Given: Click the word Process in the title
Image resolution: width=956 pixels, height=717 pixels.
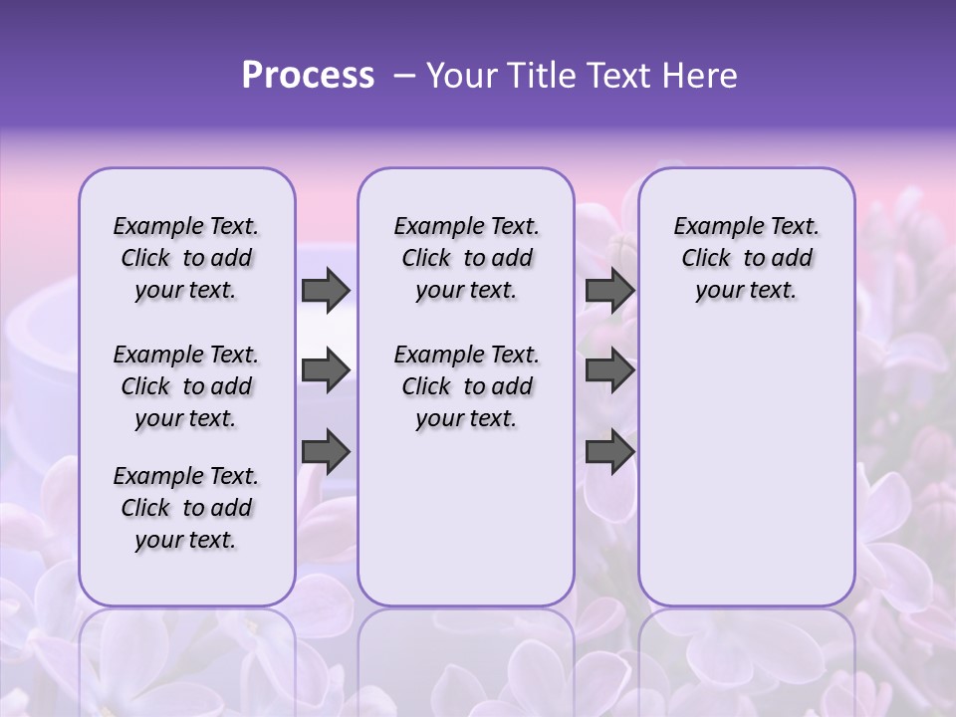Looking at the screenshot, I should (308, 76).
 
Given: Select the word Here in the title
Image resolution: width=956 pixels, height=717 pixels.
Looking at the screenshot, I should (699, 76).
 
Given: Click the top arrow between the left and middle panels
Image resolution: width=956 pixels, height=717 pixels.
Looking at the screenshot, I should (326, 290).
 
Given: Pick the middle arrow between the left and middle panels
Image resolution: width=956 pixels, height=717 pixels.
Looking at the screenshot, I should (326, 370).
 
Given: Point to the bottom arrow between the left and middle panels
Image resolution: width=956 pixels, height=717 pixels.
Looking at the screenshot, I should (326, 451).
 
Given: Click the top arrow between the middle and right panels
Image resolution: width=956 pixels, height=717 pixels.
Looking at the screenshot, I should (609, 290).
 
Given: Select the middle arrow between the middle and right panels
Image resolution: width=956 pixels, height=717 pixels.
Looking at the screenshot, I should (609, 370).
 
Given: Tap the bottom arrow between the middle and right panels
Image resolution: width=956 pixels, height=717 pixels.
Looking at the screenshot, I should (609, 451).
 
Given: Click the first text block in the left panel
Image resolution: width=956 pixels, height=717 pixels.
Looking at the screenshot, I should (186, 258).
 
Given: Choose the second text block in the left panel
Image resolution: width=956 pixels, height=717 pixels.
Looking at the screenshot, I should (186, 386).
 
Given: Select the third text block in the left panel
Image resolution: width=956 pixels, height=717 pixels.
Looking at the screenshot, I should (186, 508).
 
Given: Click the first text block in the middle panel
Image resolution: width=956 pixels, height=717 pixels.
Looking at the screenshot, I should (466, 258).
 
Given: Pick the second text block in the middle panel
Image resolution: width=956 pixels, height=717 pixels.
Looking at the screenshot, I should (466, 386).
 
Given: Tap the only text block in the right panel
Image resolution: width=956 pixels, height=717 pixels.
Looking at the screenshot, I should (746, 258).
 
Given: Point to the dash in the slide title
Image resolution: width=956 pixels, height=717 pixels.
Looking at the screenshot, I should (404, 76).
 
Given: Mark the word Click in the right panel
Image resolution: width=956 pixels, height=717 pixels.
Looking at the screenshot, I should (706, 259).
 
